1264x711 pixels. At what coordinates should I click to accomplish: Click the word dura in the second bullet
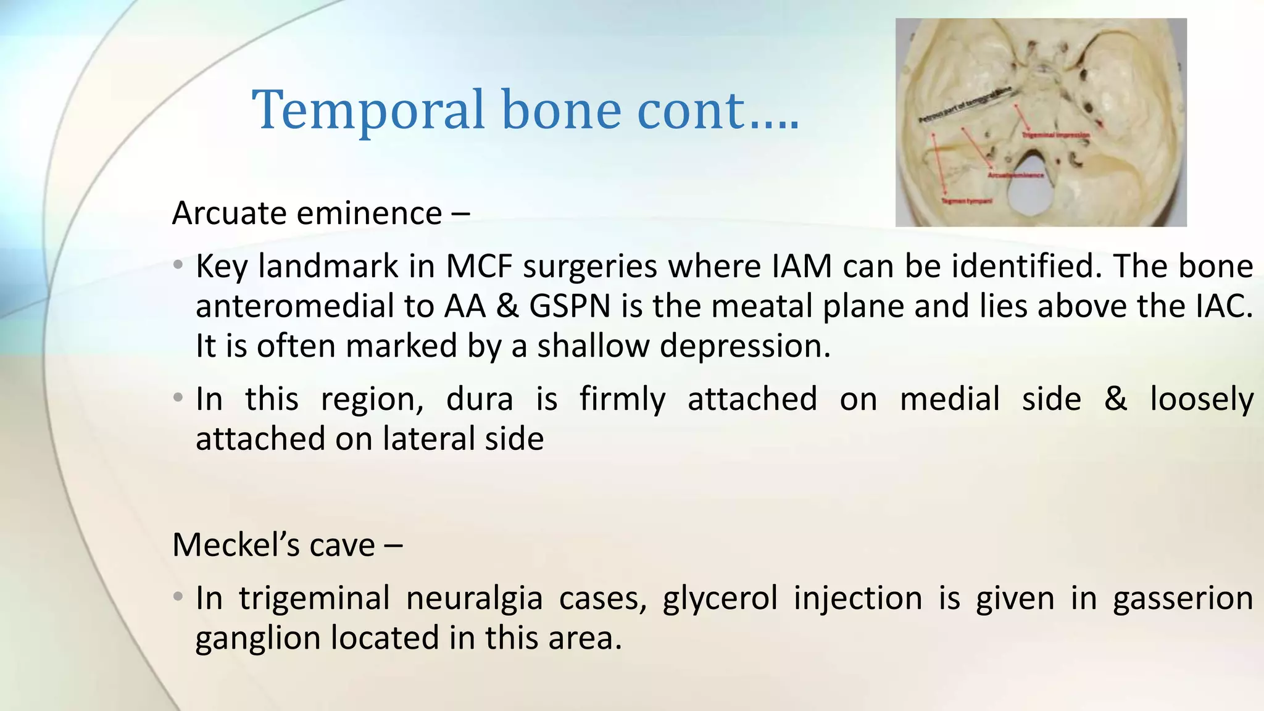[479, 399]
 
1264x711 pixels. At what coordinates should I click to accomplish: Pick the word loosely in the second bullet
[1201, 399]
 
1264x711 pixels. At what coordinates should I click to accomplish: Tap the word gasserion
[1183, 599]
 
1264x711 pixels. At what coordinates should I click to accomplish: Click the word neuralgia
[474, 599]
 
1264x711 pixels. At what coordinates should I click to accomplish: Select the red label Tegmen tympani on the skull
[967, 201]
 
